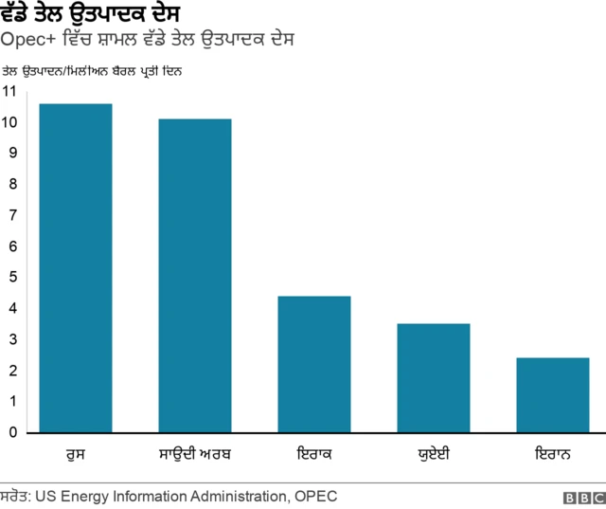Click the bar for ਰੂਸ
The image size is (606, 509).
coord(76,268)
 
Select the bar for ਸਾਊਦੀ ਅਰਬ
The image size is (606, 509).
coord(194,276)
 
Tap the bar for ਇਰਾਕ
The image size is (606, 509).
coord(313,365)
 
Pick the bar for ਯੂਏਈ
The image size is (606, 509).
coord(433,378)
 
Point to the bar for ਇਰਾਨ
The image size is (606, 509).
coord(552,395)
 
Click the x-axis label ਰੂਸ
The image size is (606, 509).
coord(76,453)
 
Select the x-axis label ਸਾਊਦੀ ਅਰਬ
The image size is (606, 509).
coord(194,453)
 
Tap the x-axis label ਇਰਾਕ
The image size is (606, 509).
coord(313,453)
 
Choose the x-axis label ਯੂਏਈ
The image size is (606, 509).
coord(433,453)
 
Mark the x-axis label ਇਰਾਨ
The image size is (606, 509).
coord(552,453)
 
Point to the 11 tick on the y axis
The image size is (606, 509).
coord(9,91)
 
